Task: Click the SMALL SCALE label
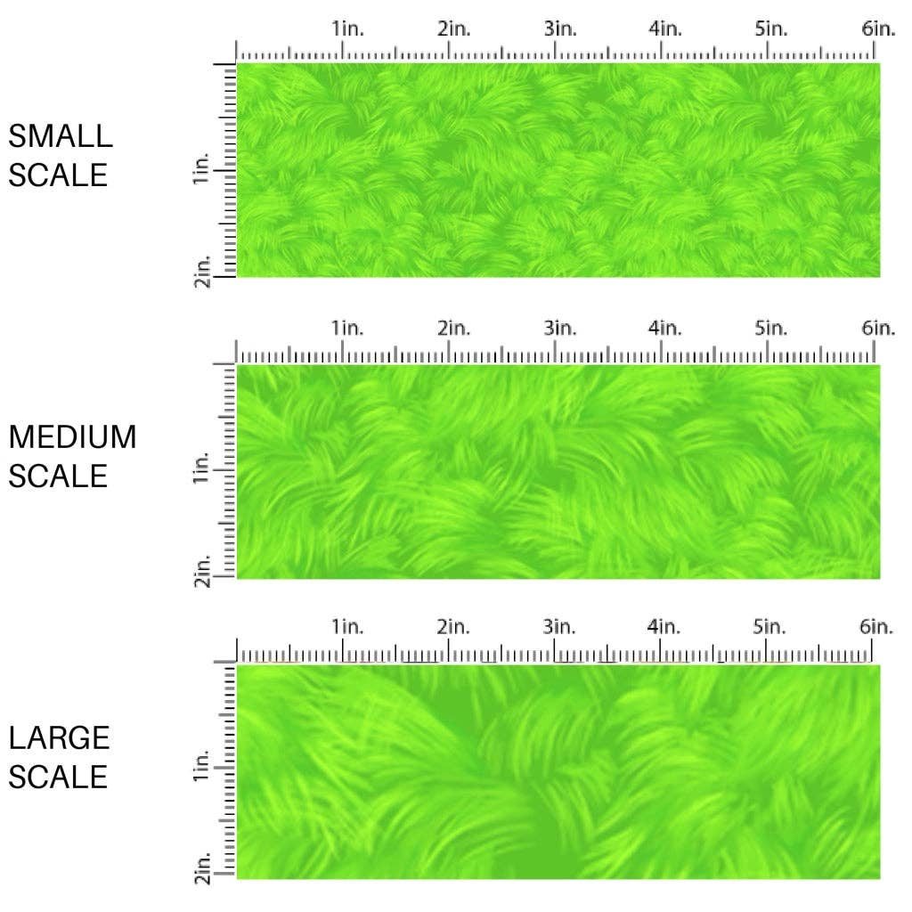pos(61,155)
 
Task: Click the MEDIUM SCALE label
pos(72,456)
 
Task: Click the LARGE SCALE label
pos(59,757)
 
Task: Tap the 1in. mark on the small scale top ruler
pos(348,28)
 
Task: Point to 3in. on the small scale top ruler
pos(560,28)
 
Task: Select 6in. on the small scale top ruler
pos(878,28)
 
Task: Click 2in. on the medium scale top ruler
pos(454,329)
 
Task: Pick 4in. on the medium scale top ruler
pos(665,329)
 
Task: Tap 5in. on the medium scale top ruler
pos(771,329)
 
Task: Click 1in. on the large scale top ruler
pos(348,627)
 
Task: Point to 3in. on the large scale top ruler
pos(560,627)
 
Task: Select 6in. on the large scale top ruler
pos(878,627)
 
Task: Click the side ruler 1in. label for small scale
pos(200,169)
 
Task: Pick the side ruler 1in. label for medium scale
pos(200,468)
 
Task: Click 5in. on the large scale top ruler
pos(771,627)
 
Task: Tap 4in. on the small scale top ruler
pos(665,28)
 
